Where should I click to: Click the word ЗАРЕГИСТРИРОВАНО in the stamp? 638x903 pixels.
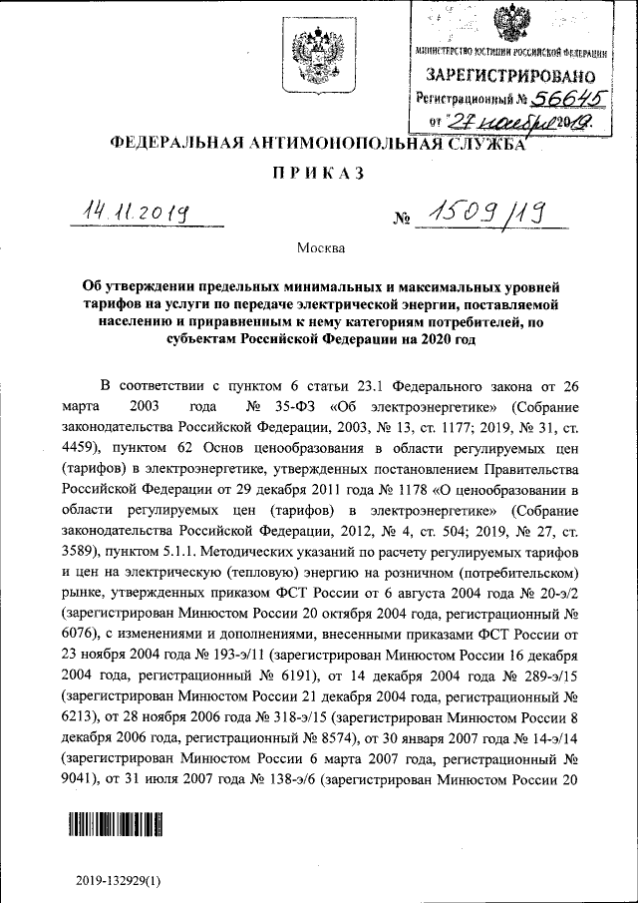click(511, 76)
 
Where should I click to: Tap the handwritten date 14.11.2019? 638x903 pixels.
click(138, 211)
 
